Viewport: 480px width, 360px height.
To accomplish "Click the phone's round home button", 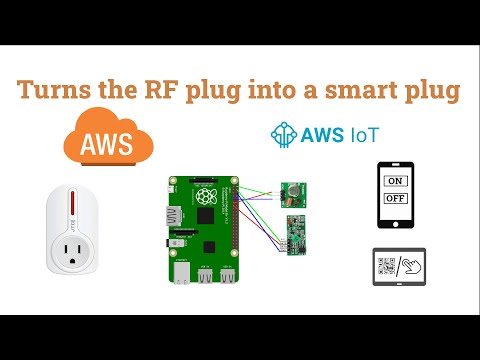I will point(396,223).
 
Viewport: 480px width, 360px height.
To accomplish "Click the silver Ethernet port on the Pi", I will point(183,272).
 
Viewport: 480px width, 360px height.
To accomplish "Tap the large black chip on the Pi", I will point(206,214).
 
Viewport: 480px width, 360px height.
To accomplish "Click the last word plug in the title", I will point(429,91).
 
